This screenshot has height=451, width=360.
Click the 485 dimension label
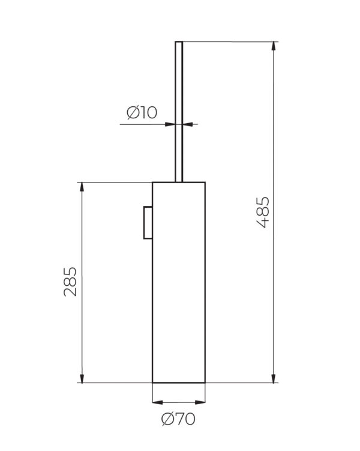tap(263, 212)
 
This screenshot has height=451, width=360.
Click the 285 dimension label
tap(70, 282)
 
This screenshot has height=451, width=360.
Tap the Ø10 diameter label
tap(142, 113)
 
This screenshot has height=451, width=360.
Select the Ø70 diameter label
tap(178, 419)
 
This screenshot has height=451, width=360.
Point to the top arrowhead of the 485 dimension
tap(274, 47)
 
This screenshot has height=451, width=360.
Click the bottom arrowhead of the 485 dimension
tap(274, 378)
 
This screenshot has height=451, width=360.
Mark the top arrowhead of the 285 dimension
tap(82, 187)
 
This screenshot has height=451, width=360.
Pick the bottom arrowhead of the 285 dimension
tap(82, 378)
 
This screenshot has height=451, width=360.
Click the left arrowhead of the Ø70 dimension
tap(157, 402)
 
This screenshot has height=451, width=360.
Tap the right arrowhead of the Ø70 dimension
tap(200, 402)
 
